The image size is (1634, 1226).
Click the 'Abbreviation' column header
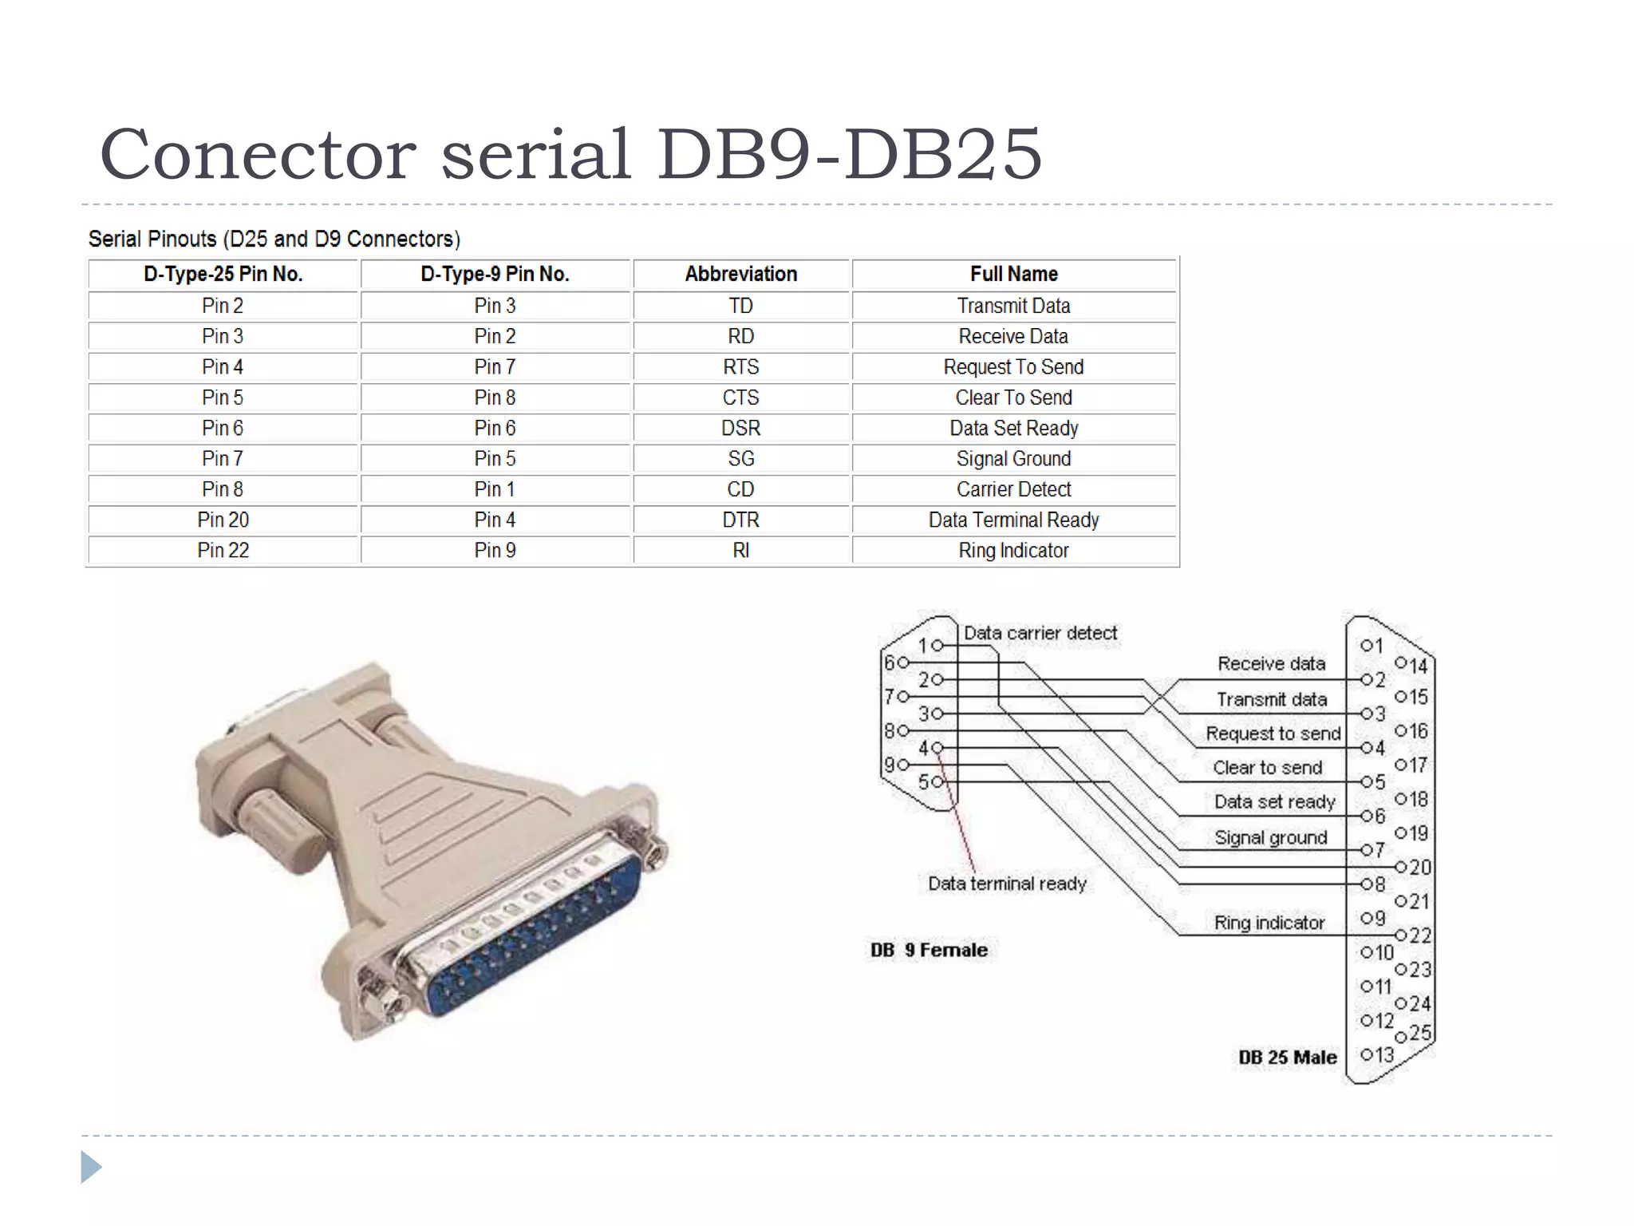pyautogui.click(x=740, y=274)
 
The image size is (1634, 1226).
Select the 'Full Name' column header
pyautogui.click(x=1013, y=274)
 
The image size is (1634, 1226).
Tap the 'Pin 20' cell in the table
pyautogui.click(x=223, y=520)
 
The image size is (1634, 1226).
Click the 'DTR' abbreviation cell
pyautogui.click(x=740, y=520)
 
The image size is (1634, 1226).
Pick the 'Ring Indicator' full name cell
pyautogui.click(x=1013, y=550)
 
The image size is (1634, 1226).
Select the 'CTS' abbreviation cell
pyautogui.click(x=740, y=397)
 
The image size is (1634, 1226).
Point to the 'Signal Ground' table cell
pyautogui.click(x=1013, y=459)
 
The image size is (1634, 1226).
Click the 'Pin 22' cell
pyautogui.click(x=223, y=550)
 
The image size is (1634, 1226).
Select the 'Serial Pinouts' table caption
pyautogui.click(x=274, y=239)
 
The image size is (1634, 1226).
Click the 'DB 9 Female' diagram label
pyautogui.click(x=929, y=950)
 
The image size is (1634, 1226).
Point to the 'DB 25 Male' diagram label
pyautogui.click(x=1287, y=1057)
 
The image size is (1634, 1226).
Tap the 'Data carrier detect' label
pyautogui.click(x=1040, y=633)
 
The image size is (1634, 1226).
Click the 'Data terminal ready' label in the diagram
pyautogui.click(x=1007, y=884)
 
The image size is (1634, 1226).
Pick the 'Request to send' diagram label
pyautogui.click(x=1273, y=734)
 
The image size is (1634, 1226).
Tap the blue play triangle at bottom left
pyautogui.click(x=90, y=1167)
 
